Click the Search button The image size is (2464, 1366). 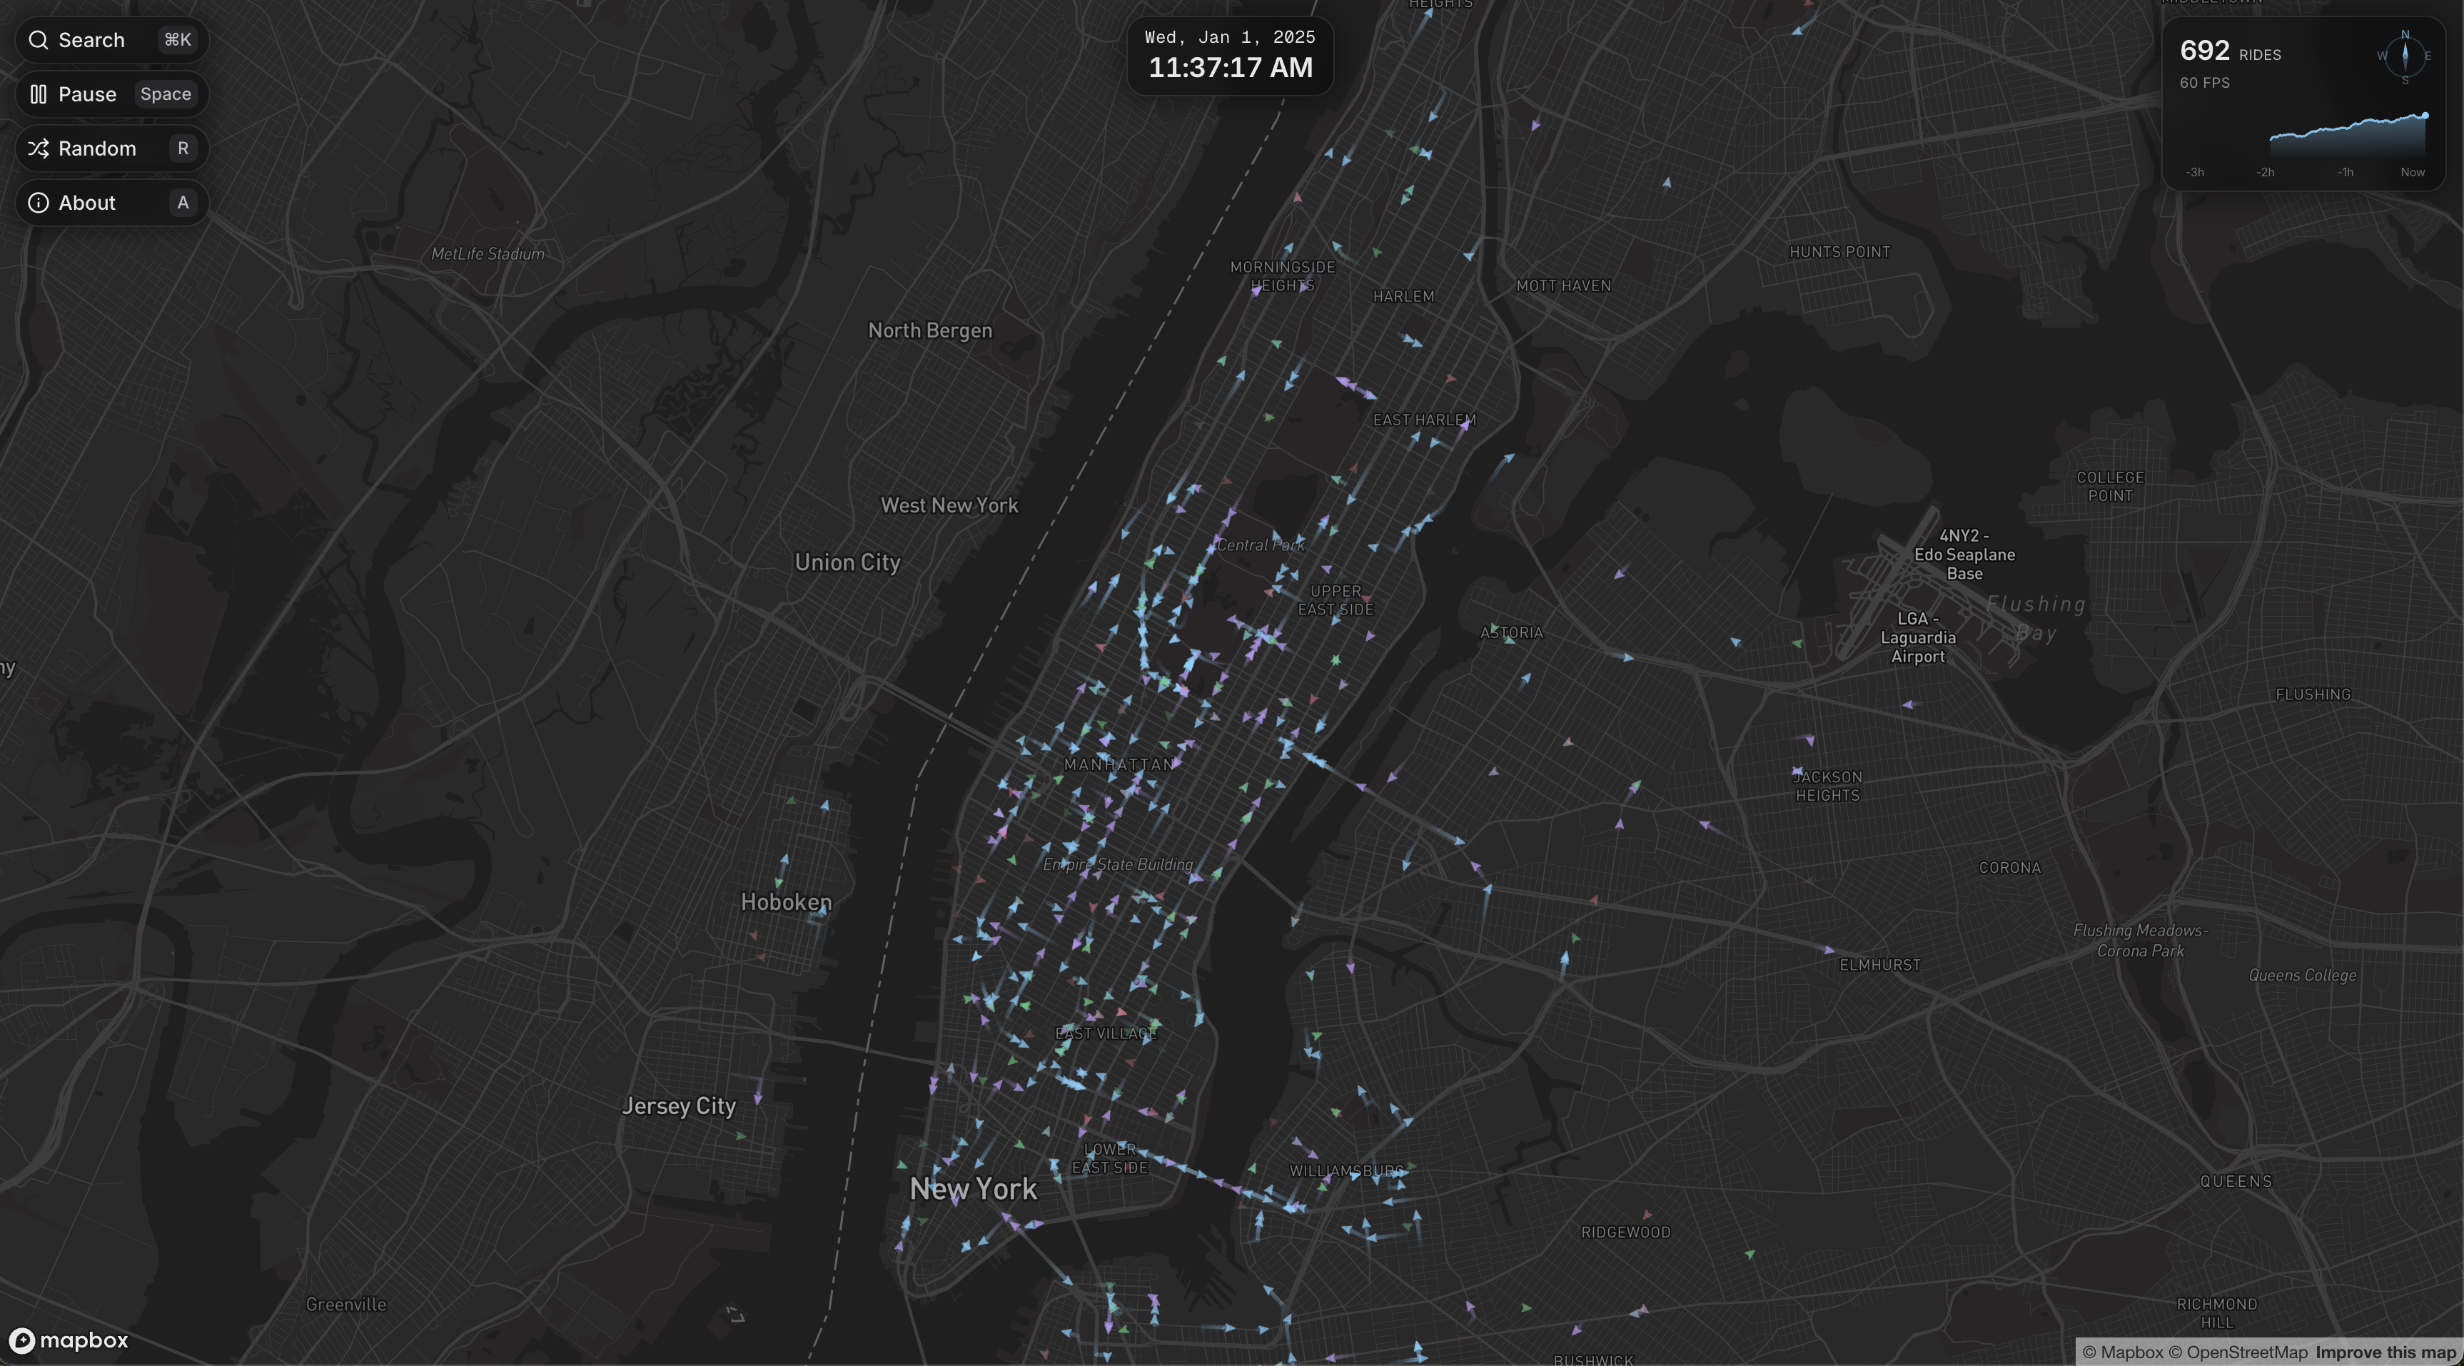pos(111,40)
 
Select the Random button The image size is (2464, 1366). pos(111,148)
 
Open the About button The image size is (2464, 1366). pos(111,203)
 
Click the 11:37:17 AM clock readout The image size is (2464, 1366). pos(1230,68)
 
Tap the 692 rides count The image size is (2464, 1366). pos(2205,51)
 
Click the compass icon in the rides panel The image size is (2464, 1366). pos(2405,56)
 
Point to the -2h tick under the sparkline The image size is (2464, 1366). pos(2265,172)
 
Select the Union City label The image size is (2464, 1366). pos(847,562)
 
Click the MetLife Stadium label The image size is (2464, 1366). pos(488,253)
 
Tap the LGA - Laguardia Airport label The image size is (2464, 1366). pos(1918,637)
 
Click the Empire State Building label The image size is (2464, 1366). pos(1117,865)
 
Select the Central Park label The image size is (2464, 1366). pos(1260,545)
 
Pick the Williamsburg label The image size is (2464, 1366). pos(1345,1171)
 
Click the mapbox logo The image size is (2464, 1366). pos(69,1340)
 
